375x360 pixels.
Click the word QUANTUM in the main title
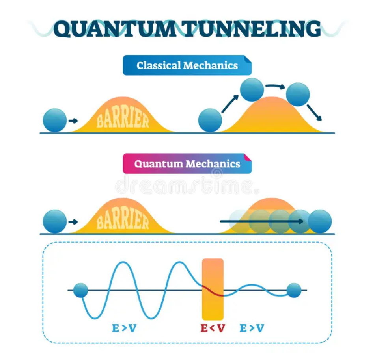point(114,29)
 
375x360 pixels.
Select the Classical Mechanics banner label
point(187,65)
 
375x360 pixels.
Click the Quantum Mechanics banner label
point(187,164)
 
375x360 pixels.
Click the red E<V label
point(213,328)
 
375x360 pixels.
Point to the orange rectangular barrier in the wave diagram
point(213,289)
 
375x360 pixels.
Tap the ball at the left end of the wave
point(80,290)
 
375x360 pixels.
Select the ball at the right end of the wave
point(294,290)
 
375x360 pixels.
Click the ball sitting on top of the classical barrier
point(252,89)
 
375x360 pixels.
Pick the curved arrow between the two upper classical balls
point(275,86)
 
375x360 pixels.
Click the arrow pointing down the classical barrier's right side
point(315,112)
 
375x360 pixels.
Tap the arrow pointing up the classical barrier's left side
point(230,104)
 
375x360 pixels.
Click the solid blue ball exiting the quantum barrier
point(320,221)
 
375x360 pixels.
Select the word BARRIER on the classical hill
point(123,119)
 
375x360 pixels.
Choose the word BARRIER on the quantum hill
point(123,220)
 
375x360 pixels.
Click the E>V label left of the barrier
point(124,328)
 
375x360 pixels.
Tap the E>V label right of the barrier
point(252,328)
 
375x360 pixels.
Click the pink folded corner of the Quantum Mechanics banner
point(248,158)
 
